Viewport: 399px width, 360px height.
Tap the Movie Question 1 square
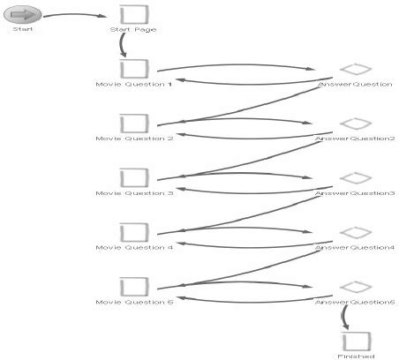click(x=133, y=69)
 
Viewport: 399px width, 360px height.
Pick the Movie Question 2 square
click(x=133, y=124)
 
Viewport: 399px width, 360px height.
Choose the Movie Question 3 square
click(x=133, y=177)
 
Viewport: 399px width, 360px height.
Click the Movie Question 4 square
click(x=133, y=232)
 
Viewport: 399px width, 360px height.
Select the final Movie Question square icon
click(x=133, y=287)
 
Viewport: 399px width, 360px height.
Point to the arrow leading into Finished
click(x=344, y=315)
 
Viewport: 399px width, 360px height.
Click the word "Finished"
click(x=356, y=356)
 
